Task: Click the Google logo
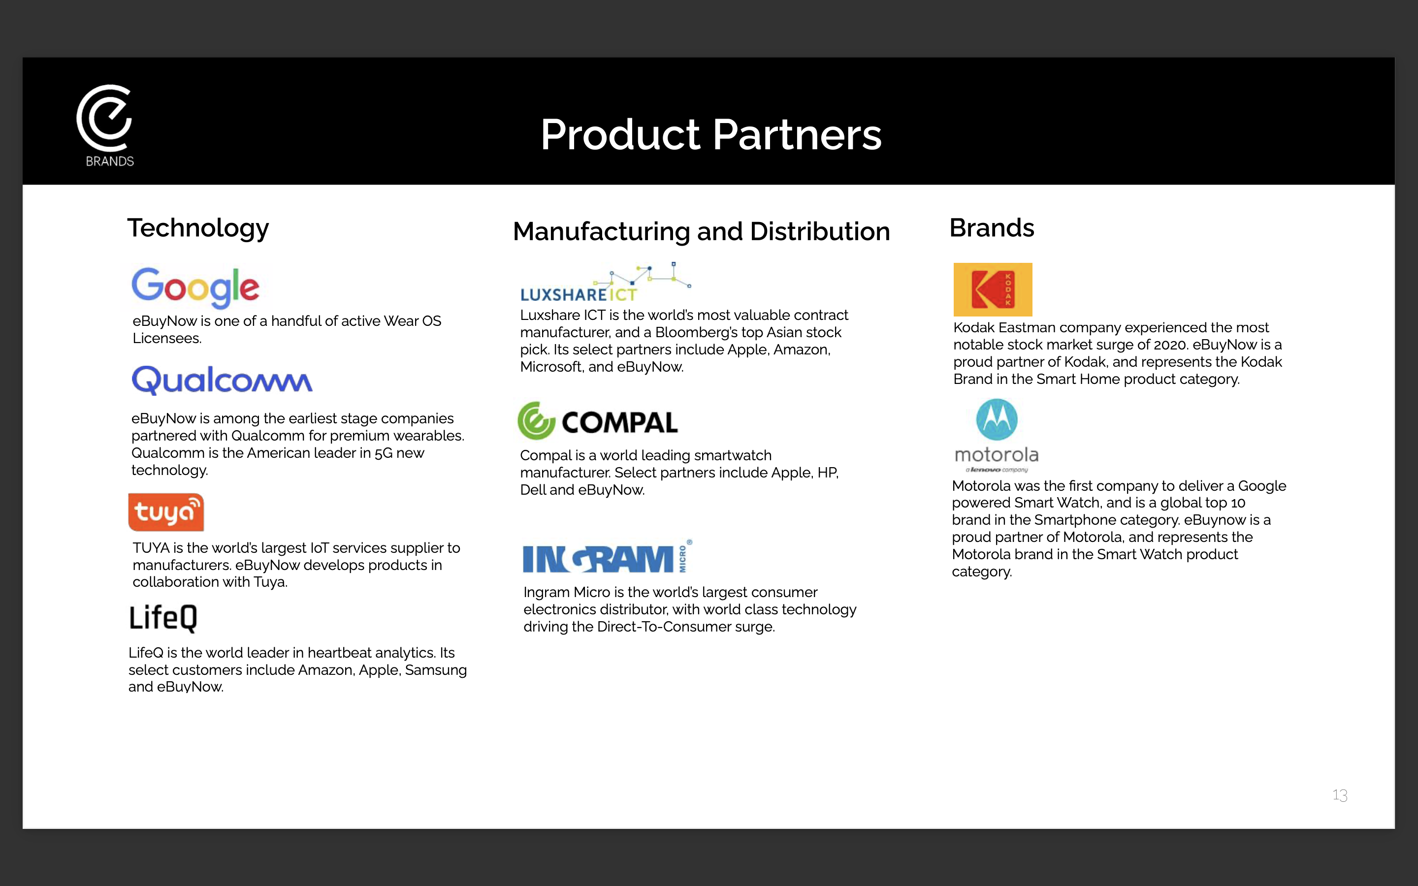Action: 195,287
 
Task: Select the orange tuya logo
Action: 166,512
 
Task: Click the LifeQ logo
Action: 163,618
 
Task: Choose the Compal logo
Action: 597,421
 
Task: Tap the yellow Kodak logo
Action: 993,289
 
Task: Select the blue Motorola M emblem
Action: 997,419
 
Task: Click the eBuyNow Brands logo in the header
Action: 105,126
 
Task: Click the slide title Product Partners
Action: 711,134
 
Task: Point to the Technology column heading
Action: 198,228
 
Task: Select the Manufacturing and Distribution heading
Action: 702,231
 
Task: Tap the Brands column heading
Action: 992,228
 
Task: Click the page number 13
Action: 1340,795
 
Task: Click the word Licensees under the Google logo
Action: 167,339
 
